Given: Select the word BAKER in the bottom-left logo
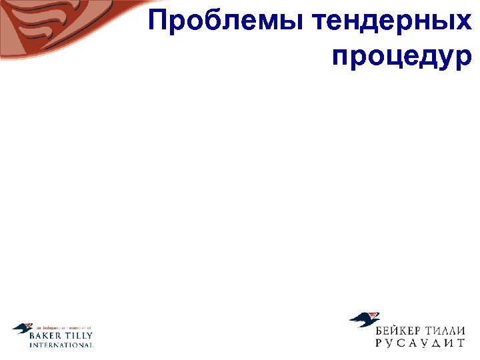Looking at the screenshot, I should tap(45, 336).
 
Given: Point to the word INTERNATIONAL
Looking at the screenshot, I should tap(61, 345).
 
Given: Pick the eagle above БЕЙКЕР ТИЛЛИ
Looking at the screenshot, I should tap(365, 319).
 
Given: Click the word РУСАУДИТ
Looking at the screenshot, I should tap(420, 343).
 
